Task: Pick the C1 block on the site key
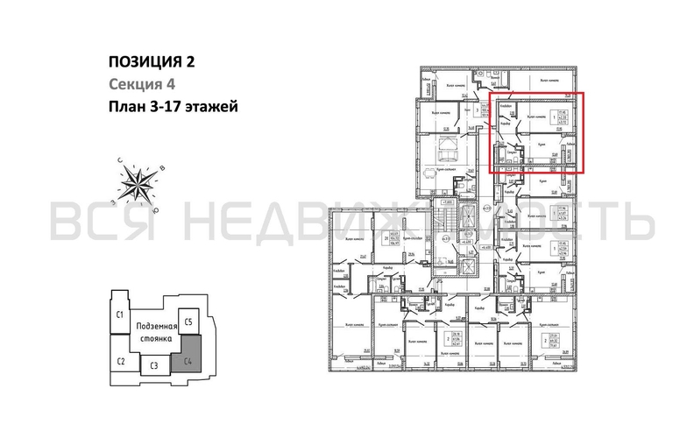pyautogui.click(x=119, y=314)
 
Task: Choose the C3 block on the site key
pyautogui.click(x=152, y=366)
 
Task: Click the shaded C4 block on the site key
pyautogui.click(x=187, y=358)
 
